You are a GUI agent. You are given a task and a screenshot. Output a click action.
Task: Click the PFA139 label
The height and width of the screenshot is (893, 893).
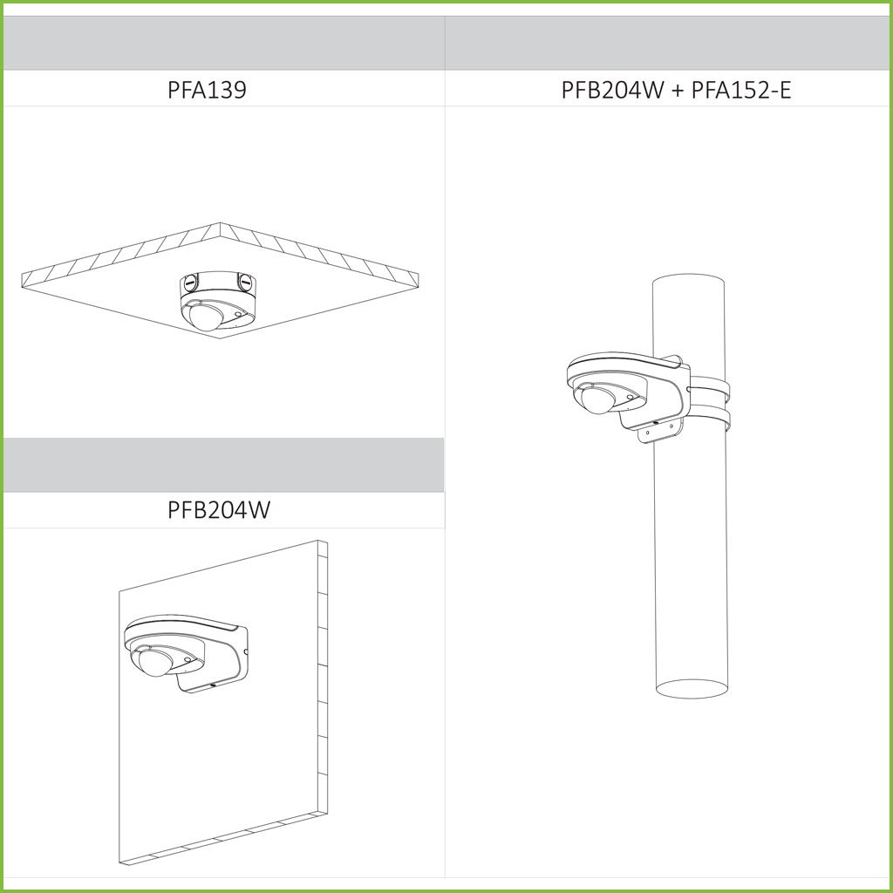207,90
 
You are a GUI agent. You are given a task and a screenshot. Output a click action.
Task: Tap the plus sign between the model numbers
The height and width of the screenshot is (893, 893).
677,91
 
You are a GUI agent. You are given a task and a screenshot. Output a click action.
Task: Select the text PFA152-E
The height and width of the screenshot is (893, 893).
741,90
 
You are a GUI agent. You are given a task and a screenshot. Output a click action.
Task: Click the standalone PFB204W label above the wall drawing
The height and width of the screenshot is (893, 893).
219,509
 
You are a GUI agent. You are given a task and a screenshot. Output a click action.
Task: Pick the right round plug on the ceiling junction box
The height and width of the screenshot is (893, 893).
245,282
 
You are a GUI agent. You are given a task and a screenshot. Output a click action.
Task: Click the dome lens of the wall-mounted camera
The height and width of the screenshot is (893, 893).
155,663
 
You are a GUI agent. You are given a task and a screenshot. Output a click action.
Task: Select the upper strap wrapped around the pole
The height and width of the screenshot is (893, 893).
710,388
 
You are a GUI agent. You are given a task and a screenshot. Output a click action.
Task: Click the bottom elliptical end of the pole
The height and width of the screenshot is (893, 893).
692,689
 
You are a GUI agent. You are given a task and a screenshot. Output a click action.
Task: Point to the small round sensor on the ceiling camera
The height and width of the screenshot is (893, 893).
237,314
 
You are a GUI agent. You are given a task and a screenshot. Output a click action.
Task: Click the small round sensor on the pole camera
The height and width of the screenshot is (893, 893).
630,397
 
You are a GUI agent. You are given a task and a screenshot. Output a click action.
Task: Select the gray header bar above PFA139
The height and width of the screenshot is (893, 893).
224,44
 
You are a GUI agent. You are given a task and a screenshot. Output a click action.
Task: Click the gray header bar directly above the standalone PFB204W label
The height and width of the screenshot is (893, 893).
224,466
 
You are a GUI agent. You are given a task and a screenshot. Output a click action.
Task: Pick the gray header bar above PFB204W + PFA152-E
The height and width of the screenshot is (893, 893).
667,44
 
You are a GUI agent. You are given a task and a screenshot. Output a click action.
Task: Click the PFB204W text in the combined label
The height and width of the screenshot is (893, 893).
613,90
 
